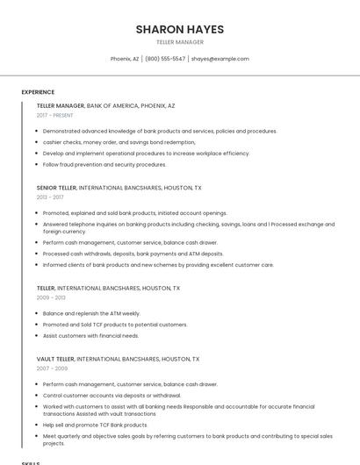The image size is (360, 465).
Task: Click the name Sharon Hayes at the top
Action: [x=179, y=29]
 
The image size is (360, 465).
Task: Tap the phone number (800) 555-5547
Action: [x=165, y=59]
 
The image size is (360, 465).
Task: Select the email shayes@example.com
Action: [x=220, y=59]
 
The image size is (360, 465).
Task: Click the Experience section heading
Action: [x=38, y=92]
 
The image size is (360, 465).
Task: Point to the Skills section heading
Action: [x=31, y=462]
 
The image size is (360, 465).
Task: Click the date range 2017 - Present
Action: [x=54, y=115]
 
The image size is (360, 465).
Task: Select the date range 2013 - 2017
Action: [x=50, y=197]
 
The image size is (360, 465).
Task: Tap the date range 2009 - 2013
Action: [x=51, y=297]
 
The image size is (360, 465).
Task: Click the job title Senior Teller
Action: [x=56, y=188]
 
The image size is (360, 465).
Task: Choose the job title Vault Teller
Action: [x=54, y=359]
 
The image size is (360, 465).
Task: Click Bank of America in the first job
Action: [x=112, y=105]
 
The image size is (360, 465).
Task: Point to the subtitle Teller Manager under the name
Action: [x=179, y=42]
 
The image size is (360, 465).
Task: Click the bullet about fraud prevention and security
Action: [x=104, y=164]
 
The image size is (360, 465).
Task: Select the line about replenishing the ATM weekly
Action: [x=91, y=313]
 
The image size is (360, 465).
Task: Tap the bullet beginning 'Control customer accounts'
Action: [x=112, y=395]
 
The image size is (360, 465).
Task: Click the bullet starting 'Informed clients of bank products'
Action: [x=158, y=264]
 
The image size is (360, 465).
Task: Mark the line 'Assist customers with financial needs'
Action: [x=90, y=335]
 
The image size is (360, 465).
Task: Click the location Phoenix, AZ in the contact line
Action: [x=125, y=59]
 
